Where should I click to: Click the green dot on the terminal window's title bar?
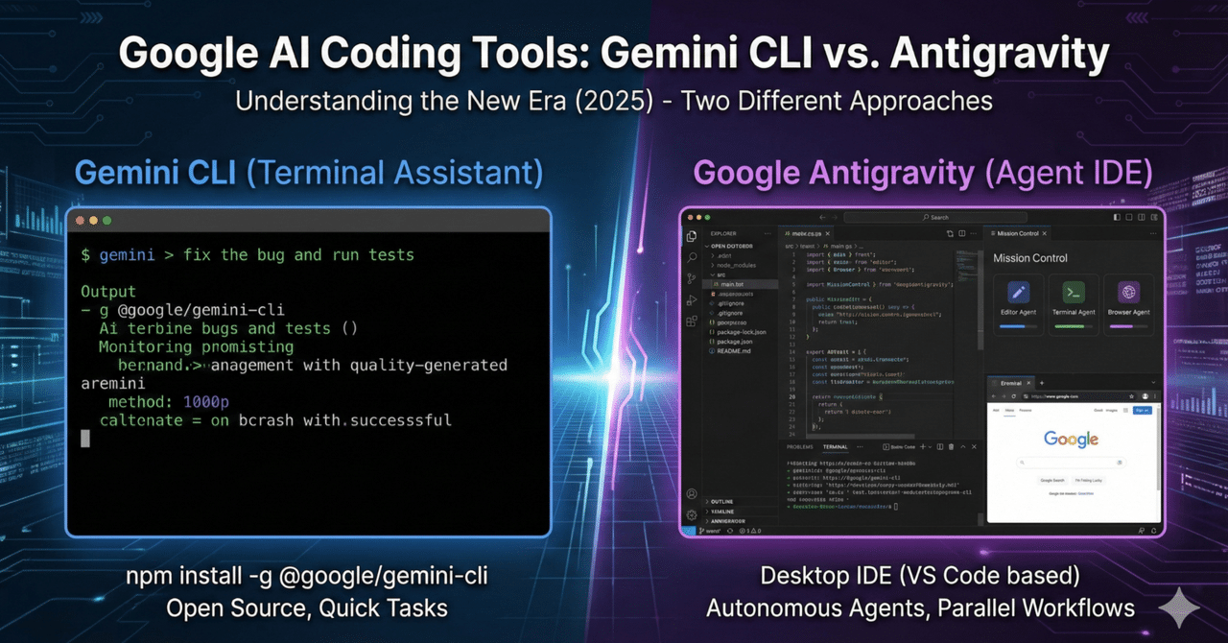click(x=106, y=221)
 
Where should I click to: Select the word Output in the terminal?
click(x=108, y=291)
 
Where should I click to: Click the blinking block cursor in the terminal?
click(x=85, y=439)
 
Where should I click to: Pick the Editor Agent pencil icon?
click(x=1018, y=293)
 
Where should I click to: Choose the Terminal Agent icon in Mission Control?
click(x=1074, y=293)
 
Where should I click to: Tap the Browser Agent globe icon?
click(x=1128, y=293)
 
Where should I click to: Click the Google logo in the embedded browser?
click(x=1071, y=440)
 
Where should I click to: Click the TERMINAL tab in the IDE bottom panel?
click(x=835, y=447)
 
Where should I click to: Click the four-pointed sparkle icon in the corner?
click(x=1180, y=607)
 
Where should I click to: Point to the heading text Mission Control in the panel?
click(x=1029, y=257)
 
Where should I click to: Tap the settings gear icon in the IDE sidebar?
click(x=692, y=514)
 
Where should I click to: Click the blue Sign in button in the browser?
click(x=1142, y=410)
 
